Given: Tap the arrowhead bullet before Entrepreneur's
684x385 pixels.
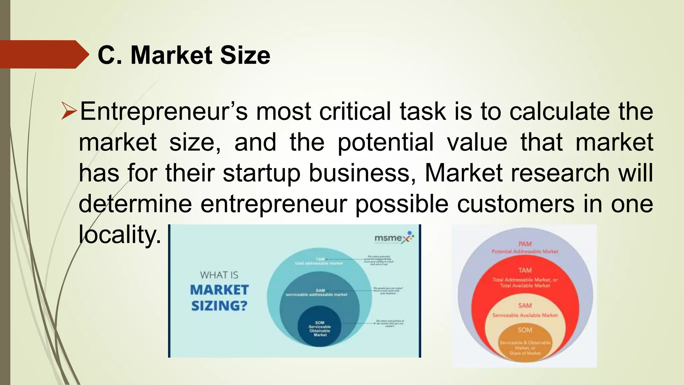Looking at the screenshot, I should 69,112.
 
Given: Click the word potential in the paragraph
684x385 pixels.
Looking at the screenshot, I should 385,142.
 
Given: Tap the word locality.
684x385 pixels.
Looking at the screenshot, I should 120,234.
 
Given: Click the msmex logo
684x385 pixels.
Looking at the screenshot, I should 394,238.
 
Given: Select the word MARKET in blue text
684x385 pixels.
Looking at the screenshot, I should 219,290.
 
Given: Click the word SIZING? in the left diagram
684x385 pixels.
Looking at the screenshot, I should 219,306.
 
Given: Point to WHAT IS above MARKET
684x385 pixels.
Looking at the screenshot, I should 219,275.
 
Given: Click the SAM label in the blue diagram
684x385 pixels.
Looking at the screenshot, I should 320,290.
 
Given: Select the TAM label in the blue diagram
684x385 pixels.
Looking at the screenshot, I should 320,259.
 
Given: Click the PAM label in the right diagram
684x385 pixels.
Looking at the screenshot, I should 525,244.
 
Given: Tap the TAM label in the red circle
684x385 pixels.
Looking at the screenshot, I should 525,270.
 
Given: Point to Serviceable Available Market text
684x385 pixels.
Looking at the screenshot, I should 525,315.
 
